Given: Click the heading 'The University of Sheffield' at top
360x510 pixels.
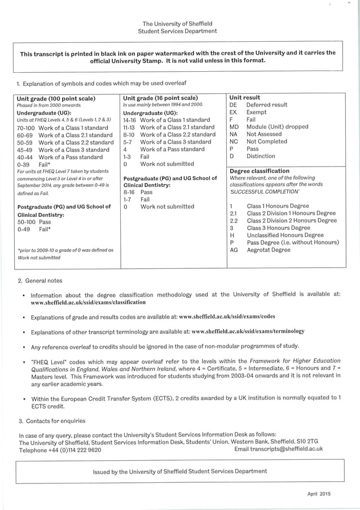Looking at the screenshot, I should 177,24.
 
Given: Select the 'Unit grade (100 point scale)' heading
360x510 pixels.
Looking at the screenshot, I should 56,98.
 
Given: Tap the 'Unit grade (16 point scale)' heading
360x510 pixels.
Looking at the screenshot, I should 160,98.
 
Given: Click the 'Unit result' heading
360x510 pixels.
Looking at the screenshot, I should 245,98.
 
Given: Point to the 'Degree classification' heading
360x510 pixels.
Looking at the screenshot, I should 260,171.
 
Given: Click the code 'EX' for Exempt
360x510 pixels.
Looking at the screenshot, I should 233,112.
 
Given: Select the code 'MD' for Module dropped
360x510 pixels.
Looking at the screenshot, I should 234,127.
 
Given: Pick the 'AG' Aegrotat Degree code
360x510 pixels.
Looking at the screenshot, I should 234,250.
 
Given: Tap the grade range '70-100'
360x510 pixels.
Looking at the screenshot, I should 25,128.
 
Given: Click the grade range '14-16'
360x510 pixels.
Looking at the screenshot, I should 130,120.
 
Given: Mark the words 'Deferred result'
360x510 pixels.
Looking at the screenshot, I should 267,105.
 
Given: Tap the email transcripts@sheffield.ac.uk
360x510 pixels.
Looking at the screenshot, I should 278,449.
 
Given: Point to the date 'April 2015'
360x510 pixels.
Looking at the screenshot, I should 319,494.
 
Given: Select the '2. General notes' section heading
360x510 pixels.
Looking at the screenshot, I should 40,281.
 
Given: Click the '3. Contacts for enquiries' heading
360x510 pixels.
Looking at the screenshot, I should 52,421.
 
